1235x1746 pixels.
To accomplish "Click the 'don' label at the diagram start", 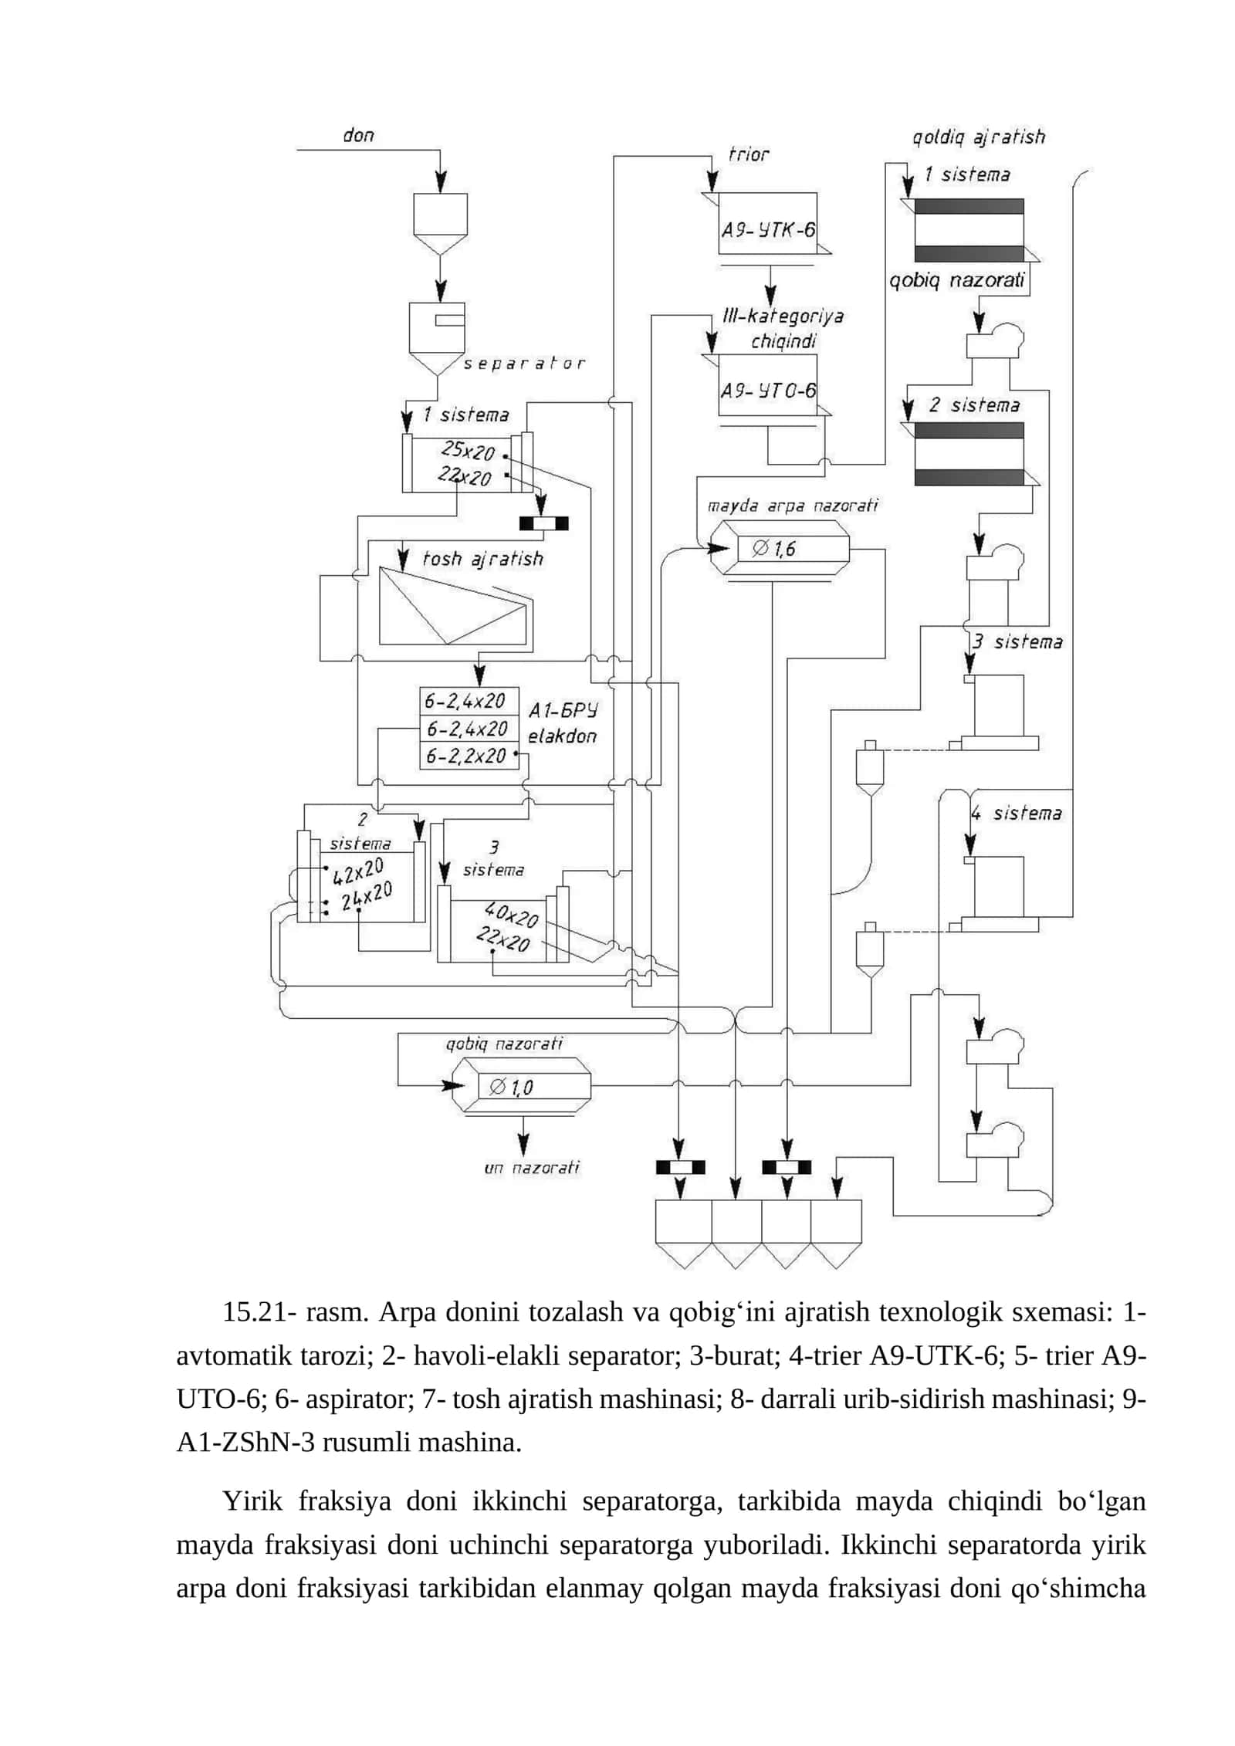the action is click(358, 136).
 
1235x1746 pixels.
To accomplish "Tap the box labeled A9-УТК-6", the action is click(767, 223).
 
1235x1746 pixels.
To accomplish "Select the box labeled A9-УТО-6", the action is click(767, 385).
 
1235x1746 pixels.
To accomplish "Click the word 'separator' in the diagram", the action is click(523, 364).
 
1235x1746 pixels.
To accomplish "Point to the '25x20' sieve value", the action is click(467, 451).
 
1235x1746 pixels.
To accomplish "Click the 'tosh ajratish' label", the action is click(482, 559).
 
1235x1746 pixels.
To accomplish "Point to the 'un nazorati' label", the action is click(531, 1168).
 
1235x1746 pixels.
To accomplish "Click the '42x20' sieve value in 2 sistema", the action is click(358, 871).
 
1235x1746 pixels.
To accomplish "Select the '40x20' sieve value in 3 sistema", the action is click(511, 915).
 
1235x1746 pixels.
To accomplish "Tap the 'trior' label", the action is click(749, 154).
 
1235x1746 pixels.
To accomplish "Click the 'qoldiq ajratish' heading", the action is click(978, 137).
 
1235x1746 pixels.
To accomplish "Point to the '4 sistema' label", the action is click(1016, 813).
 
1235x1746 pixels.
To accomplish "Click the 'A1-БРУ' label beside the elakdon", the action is click(563, 709).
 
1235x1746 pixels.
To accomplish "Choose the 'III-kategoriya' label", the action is click(783, 316).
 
